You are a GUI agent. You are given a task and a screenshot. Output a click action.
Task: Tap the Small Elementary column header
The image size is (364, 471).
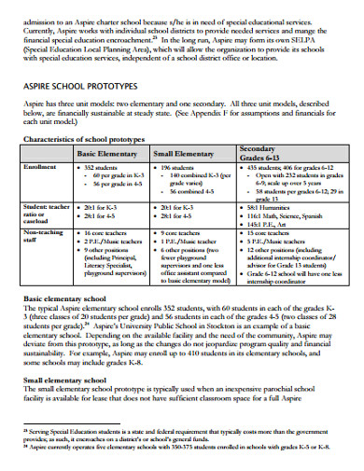pyautogui.click(x=188, y=153)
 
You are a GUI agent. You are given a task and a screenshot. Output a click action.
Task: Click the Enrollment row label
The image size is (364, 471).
pyautogui.click(x=44, y=166)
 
